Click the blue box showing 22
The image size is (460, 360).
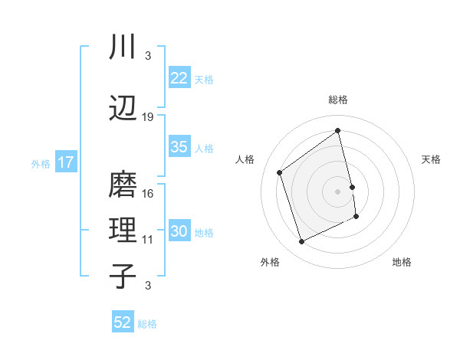179,78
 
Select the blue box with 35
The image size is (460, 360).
179,147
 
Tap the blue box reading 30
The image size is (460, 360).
179,231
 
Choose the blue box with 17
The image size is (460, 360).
65,162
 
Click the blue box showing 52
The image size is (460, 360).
123,322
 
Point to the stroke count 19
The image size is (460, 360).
148,117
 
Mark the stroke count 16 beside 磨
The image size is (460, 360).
148,194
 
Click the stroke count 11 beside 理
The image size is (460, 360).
148,240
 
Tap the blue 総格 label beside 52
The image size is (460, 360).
147,324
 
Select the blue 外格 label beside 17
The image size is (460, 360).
40,163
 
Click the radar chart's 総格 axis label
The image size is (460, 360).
338,100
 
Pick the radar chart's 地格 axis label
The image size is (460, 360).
402,262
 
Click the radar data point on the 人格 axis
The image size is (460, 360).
279,172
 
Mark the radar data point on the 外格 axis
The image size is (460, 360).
301,242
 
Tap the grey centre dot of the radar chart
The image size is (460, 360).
338,191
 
